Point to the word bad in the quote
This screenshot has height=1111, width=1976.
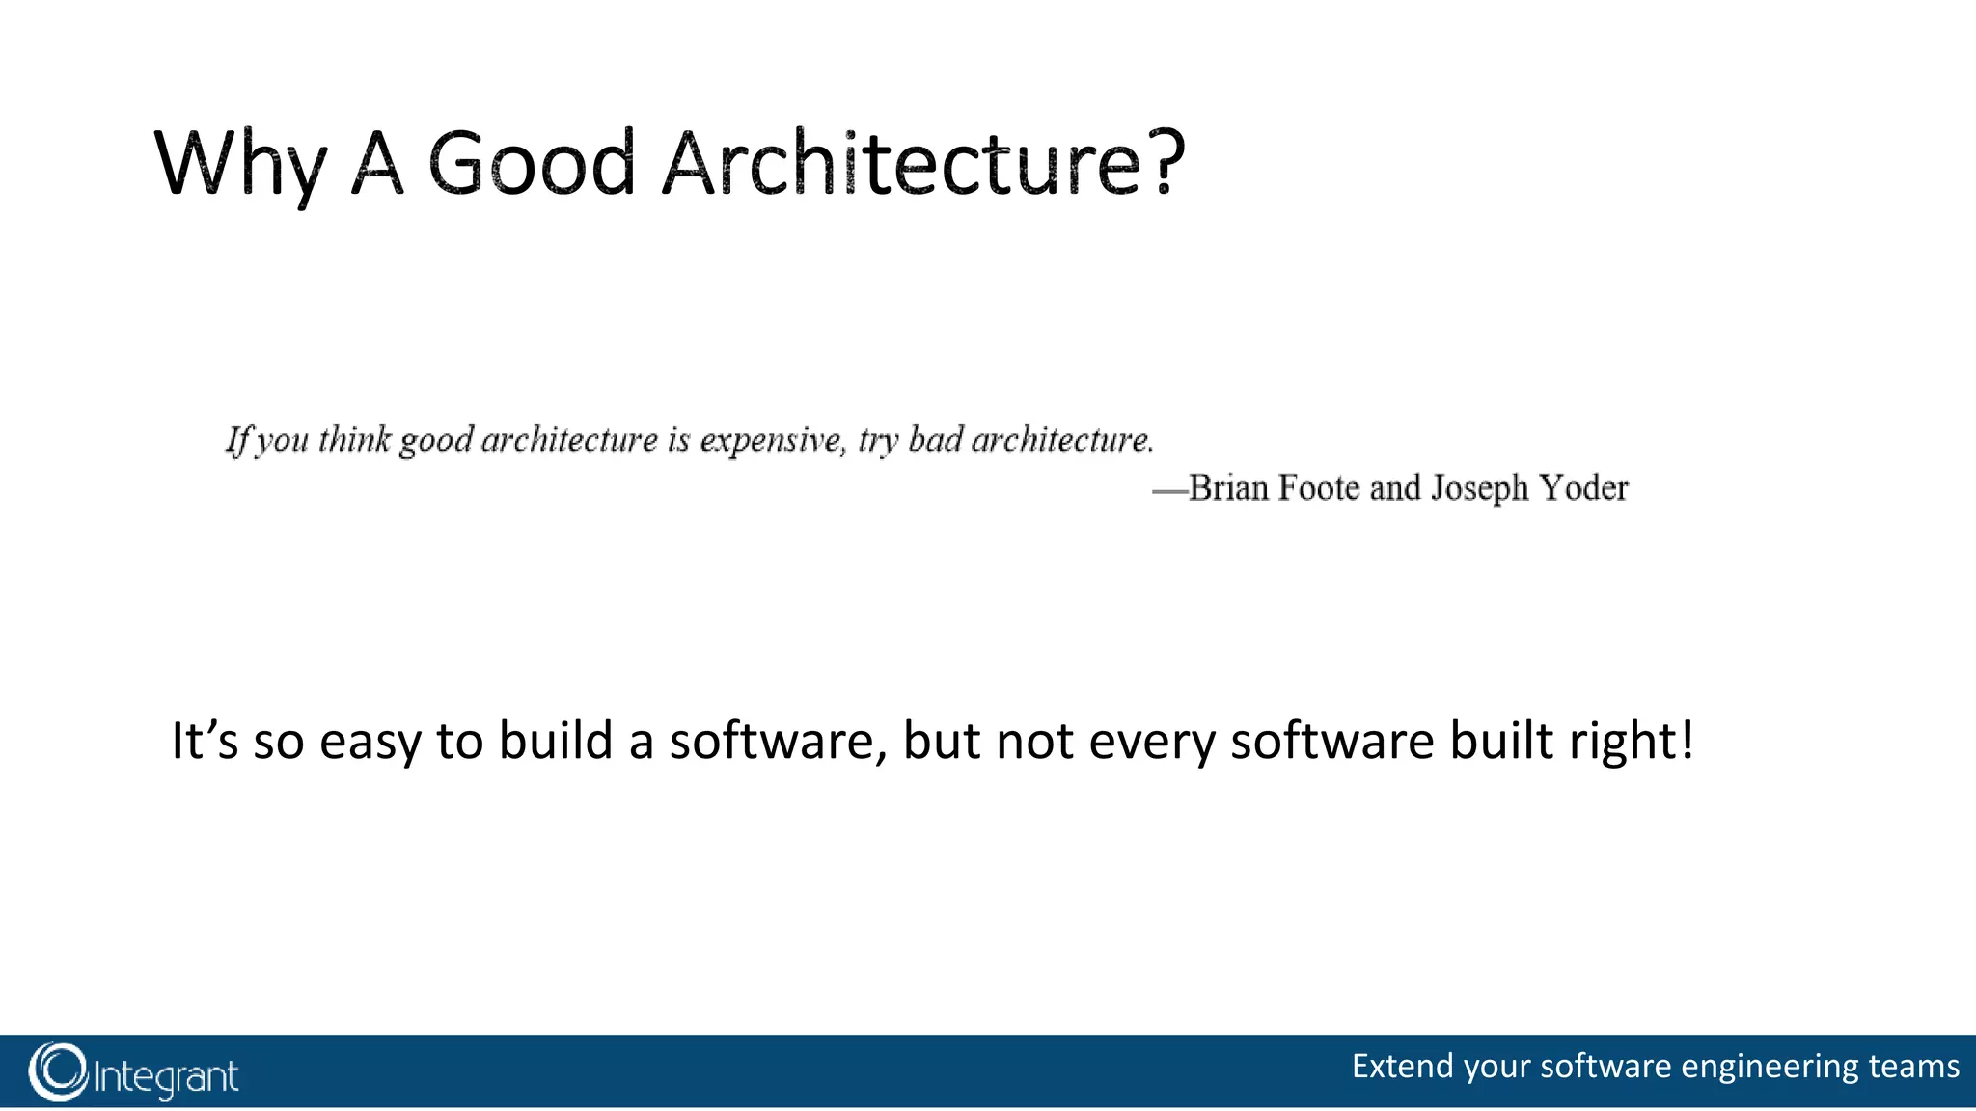click(935, 440)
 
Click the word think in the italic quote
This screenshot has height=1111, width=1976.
click(354, 440)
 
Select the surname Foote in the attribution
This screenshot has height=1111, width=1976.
click(1319, 488)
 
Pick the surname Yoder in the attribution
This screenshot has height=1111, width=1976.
click(1583, 488)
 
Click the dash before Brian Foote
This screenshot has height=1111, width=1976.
click(1169, 491)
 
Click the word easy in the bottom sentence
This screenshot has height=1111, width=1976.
click(370, 743)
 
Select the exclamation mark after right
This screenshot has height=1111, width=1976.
click(1686, 741)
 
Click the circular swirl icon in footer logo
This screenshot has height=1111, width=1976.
click(58, 1071)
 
